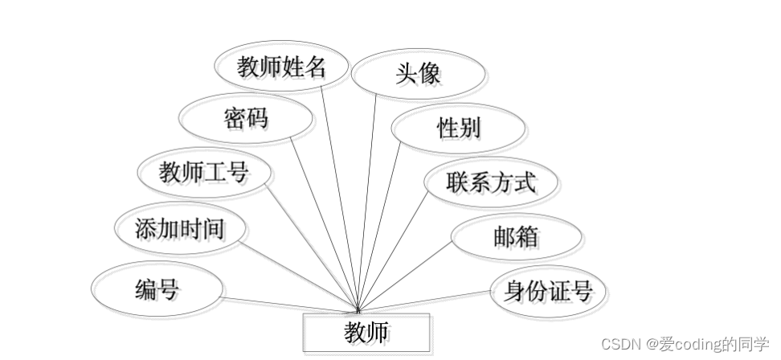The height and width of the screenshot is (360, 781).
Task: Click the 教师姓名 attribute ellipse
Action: pos(282,67)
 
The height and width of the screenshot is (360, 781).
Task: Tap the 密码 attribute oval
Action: pos(245,119)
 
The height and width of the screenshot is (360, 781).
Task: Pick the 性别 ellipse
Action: pos(459,128)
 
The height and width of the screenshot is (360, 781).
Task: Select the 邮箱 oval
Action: pos(516,237)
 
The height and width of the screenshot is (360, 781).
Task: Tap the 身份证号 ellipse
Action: pos(547,290)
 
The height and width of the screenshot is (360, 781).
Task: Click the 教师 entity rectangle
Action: pos(366,332)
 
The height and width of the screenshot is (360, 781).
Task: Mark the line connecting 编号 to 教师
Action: pos(289,303)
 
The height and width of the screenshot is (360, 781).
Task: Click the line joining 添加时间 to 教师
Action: pos(297,273)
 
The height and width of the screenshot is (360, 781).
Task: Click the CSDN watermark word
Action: pos(618,344)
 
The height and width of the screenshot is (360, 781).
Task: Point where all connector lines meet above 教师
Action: pos(357,309)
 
